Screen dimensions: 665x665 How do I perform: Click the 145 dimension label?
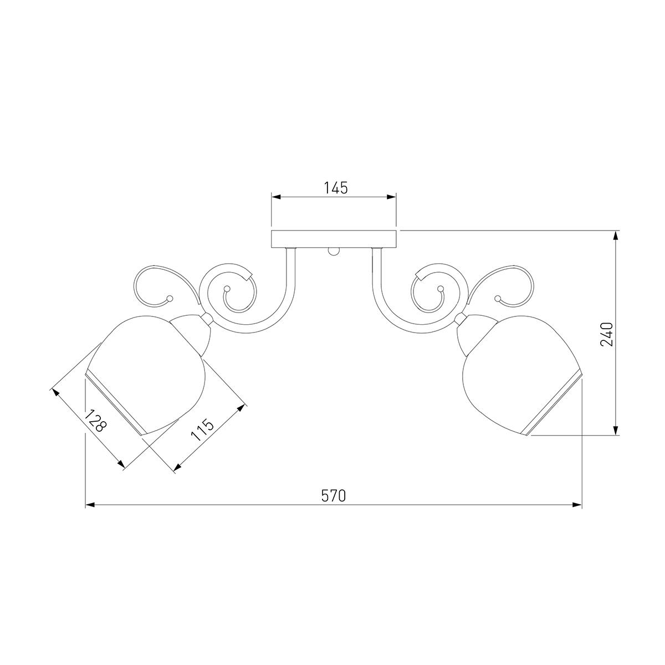pyautogui.click(x=335, y=188)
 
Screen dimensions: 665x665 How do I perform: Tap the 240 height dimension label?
pyautogui.click(x=606, y=334)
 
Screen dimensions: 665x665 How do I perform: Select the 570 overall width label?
pyautogui.click(x=334, y=496)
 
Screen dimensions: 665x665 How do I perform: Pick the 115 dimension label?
pyautogui.click(x=203, y=429)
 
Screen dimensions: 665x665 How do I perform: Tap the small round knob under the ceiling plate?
pyautogui.click(x=334, y=252)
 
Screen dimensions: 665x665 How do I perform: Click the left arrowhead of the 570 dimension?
pyautogui.click(x=90, y=505)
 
